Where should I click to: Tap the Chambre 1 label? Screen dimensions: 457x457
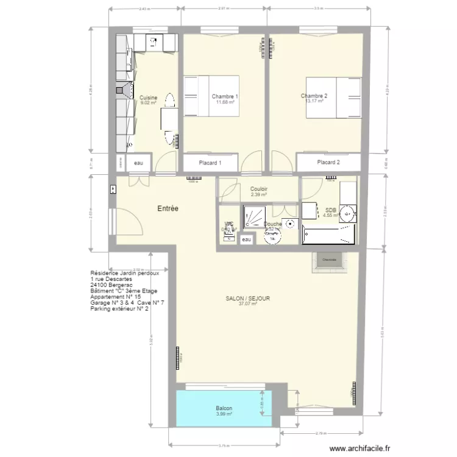(x=225, y=96)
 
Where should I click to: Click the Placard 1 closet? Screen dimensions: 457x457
(x=210, y=163)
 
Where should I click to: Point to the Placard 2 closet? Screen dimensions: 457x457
(x=328, y=163)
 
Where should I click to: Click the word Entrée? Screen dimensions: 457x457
(x=168, y=208)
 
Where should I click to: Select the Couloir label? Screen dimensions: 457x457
(x=259, y=189)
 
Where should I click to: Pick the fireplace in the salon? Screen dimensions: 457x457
(x=329, y=260)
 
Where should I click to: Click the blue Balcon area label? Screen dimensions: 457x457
(x=224, y=408)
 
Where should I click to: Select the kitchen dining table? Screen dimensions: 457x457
(x=169, y=121)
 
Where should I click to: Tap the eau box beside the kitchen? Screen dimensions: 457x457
(x=139, y=163)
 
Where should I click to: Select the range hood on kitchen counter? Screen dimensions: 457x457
(x=124, y=92)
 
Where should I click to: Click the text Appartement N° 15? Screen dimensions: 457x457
(x=115, y=297)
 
